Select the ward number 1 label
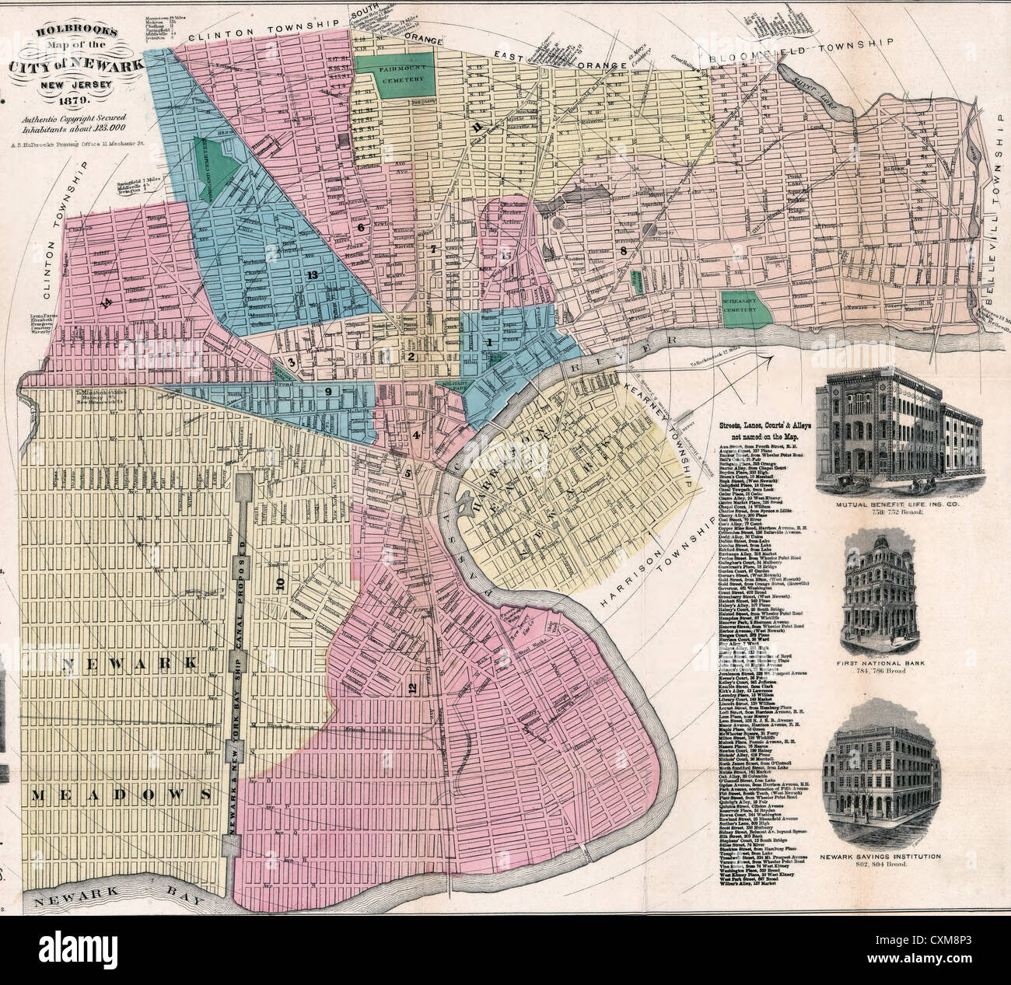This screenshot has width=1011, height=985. (488, 342)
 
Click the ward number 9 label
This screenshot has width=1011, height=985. (329, 391)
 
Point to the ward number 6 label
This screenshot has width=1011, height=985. (361, 227)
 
